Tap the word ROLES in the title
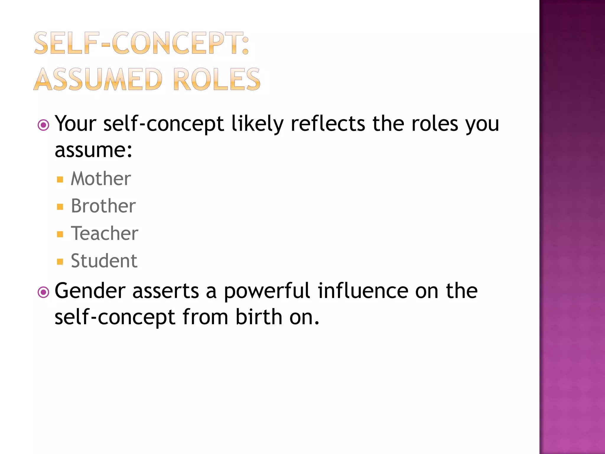[x=217, y=79]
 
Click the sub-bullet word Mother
[x=101, y=179]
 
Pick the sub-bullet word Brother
[x=103, y=206]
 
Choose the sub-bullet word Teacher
[x=104, y=233]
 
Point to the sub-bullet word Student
[x=104, y=261]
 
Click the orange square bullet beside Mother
[x=60, y=179]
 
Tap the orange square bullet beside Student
[x=60, y=262]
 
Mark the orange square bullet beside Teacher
[x=60, y=234]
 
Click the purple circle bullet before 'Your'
[x=43, y=125]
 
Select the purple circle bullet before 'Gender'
[x=43, y=292]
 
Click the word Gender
[x=90, y=291]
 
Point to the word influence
[x=363, y=291]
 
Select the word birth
[x=258, y=317]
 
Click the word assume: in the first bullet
[x=93, y=150]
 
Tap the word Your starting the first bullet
[x=76, y=124]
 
